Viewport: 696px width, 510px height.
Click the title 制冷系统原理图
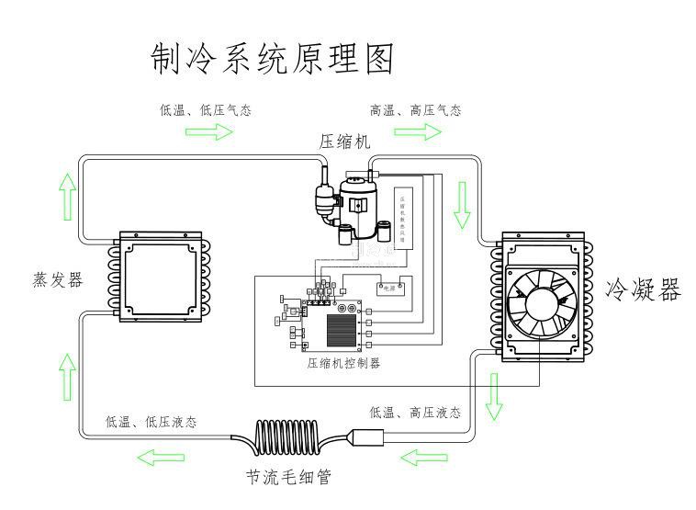[x=272, y=59]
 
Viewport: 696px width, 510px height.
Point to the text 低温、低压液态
[x=151, y=422]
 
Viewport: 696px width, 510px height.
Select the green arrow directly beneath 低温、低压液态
[x=166, y=457]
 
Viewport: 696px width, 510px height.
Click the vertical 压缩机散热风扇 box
[x=404, y=218]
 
